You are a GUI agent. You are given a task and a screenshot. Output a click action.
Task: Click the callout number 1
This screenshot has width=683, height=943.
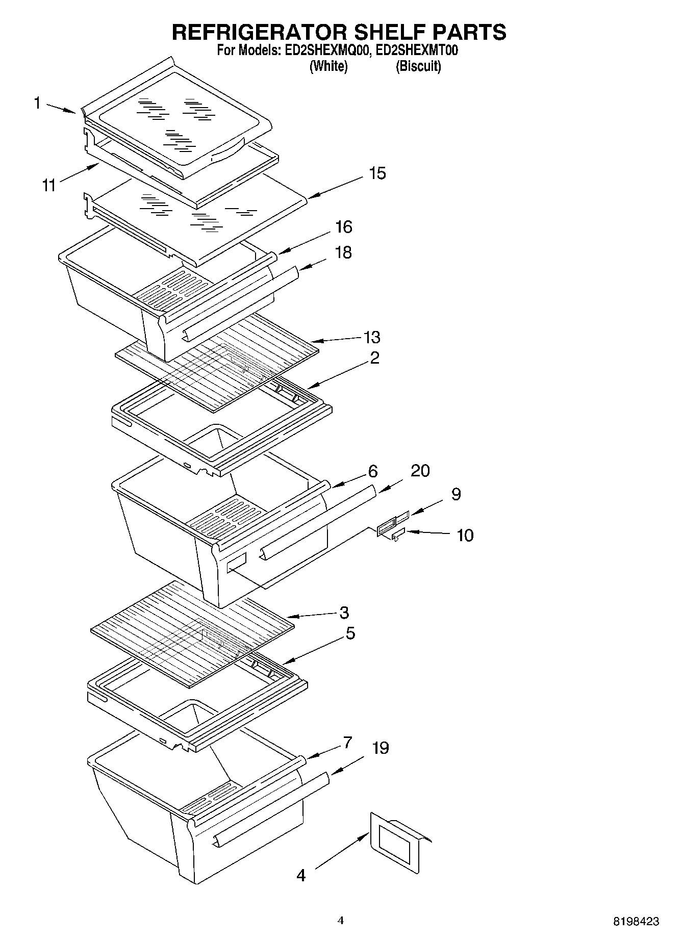[37, 104]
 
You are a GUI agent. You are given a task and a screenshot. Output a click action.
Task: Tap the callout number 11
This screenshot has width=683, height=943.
[48, 186]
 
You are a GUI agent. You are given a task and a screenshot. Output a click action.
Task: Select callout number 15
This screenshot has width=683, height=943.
[377, 173]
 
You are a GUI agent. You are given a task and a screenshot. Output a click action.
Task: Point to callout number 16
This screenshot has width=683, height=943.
[344, 227]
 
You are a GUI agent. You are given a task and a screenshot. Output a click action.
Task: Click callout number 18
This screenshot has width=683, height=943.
[344, 252]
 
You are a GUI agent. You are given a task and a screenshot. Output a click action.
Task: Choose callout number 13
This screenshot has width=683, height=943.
[372, 337]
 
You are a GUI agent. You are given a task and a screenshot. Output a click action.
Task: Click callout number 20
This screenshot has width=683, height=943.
[420, 471]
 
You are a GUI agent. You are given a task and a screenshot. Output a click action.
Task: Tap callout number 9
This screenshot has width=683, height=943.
[456, 494]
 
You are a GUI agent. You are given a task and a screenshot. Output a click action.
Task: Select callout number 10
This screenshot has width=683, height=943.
[465, 536]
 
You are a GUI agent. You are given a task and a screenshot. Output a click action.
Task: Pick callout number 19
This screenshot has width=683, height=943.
[380, 748]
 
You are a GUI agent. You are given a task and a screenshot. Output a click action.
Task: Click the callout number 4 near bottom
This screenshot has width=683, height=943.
[301, 876]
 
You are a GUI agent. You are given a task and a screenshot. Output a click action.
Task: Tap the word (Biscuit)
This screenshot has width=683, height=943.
[418, 66]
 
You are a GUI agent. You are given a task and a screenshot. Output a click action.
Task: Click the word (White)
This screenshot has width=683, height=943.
[328, 66]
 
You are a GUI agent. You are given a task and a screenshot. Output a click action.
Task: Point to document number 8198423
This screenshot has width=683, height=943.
[636, 922]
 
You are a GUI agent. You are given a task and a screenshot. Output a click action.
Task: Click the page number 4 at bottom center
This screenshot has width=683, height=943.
[341, 921]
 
